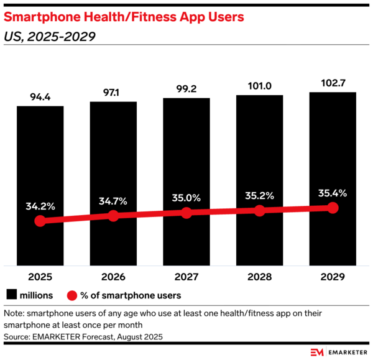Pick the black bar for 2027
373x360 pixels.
(186, 155)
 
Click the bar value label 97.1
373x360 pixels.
(113, 91)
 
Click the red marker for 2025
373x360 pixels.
(40, 221)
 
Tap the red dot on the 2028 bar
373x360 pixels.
(259, 211)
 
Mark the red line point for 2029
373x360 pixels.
(333, 208)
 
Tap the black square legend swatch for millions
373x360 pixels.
(11, 295)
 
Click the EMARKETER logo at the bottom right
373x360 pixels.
(339, 351)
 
